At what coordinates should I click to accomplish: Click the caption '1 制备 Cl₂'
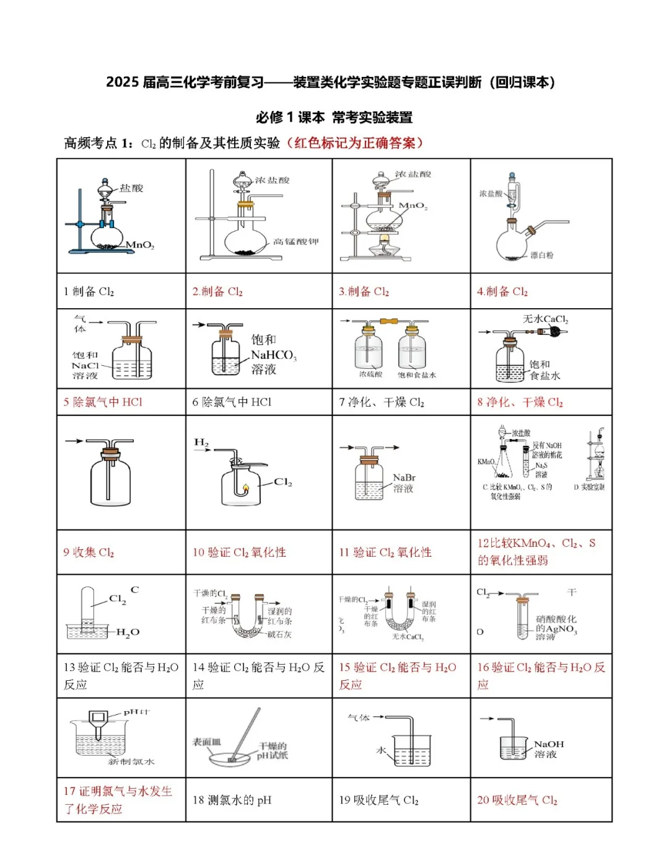[x=89, y=291]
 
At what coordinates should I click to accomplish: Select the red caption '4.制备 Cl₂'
[x=502, y=291]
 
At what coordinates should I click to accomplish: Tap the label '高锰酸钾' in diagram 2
[x=295, y=242]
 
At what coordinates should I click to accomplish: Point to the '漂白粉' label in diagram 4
[x=541, y=255]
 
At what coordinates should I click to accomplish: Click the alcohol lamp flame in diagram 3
[x=385, y=239]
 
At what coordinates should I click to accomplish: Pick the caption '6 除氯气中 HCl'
[x=232, y=402]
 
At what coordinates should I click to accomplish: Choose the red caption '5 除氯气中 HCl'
[x=103, y=402]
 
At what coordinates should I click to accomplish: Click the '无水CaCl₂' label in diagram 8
[x=545, y=319]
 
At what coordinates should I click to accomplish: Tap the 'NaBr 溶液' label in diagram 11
[x=404, y=483]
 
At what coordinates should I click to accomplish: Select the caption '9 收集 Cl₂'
[x=89, y=552]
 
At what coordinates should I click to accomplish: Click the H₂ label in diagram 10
[x=201, y=443]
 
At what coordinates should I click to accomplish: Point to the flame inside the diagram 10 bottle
[x=245, y=488]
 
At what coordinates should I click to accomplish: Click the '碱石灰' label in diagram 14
[x=279, y=634]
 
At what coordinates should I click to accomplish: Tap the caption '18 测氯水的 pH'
[x=232, y=800]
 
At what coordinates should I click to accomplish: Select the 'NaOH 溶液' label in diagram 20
[x=548, y=749]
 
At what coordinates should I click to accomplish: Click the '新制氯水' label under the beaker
[x=131, y=761]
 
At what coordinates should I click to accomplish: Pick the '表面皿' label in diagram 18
[x=206, y=742]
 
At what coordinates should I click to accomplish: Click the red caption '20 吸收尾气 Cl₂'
[x=517, y=800]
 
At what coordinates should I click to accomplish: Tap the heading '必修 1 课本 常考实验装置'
[x=334, y=117]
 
